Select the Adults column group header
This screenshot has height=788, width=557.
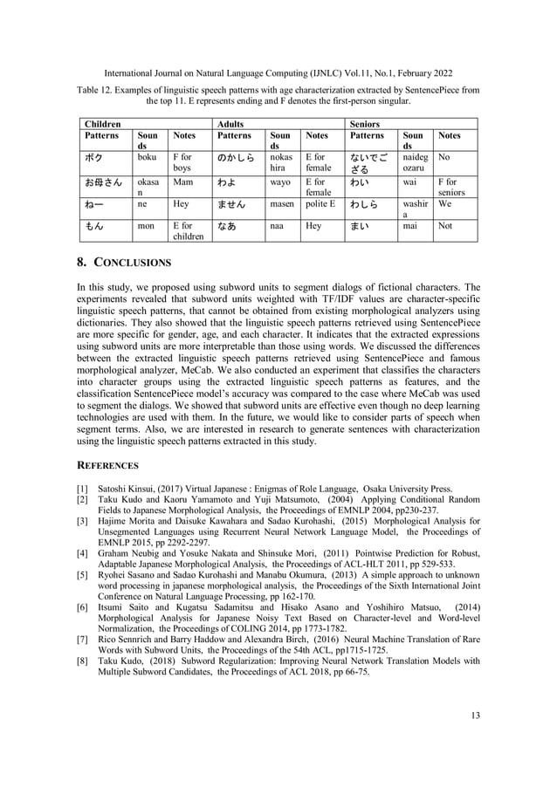(231, 124)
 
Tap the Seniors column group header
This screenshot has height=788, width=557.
(365, 124)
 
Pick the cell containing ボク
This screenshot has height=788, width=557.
(93, 159)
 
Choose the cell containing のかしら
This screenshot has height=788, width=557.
(236, 159)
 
